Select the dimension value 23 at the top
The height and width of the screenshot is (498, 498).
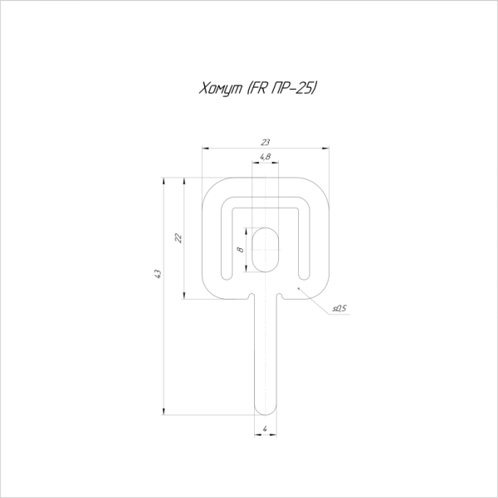point(265,143)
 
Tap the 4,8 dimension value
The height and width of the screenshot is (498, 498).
point(265,157)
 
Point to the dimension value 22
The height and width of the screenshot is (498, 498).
point(178,237)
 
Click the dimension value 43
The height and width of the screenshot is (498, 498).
point(159,274)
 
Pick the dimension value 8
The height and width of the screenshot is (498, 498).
point(239,249)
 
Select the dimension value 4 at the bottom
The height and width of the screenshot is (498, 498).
point(265,429)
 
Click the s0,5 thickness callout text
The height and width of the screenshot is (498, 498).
point(339,308)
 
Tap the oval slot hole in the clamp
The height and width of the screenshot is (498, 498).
point(265,247)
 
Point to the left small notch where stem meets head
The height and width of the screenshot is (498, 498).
point(251,295)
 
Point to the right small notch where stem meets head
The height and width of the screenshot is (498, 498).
point(280,295)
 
